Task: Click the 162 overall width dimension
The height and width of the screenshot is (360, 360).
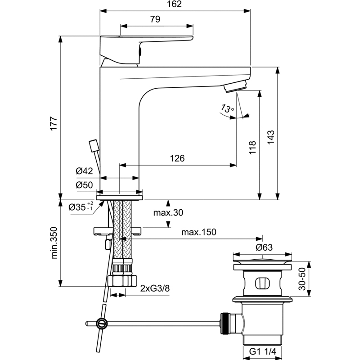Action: (x=174, y=4)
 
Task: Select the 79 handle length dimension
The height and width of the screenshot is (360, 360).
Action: (x=155, y=19)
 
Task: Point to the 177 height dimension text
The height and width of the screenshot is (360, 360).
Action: (x=54, y=124)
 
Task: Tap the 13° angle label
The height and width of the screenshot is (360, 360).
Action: (x=227, y=108)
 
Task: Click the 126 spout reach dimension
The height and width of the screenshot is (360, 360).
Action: (x=177, y=158)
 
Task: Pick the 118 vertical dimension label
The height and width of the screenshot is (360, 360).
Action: (x=252, y=148)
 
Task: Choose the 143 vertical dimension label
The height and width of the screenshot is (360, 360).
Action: (x=271, y=137)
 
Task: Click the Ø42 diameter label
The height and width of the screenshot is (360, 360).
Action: (x=84, y=171)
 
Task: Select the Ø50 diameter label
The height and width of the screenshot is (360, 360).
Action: (x=84, y=185)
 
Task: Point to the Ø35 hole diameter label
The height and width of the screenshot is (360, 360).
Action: (x=81, y=207)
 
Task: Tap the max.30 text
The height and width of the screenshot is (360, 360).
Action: (x=168, y=212)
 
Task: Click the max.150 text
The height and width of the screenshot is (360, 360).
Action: (x=199, y=232)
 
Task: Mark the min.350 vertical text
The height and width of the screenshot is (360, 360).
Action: (x=54, y=243)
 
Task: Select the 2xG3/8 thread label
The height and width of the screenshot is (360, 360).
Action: (x=155, y=288)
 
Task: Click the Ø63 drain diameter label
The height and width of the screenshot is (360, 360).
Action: (x=264, y=247)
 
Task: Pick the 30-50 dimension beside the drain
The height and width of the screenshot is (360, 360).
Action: (x=302, y=279)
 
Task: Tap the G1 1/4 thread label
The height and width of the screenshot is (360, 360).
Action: (x=263, y=351)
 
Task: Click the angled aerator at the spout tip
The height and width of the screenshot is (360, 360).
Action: (x=235, y=86)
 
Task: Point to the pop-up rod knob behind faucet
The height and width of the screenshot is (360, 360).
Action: (x=94, y=146)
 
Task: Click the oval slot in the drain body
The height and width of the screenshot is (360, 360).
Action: (x=262, y=283)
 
